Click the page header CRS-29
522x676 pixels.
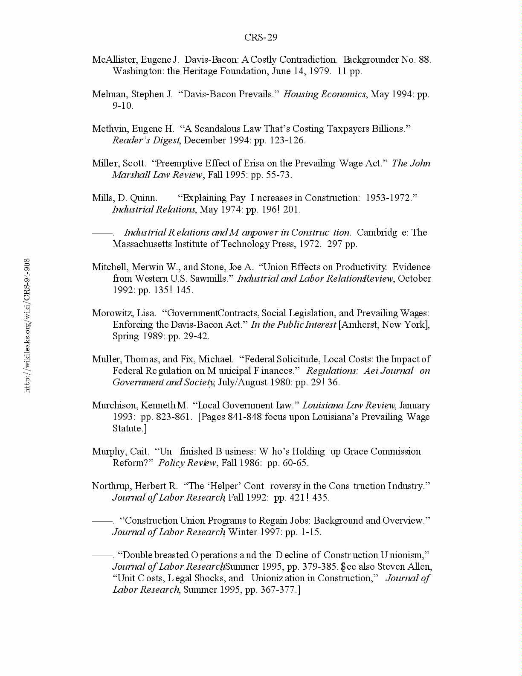(261, 38)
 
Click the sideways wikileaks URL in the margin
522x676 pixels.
(27, 325)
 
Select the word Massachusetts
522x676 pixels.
(143, 244)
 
